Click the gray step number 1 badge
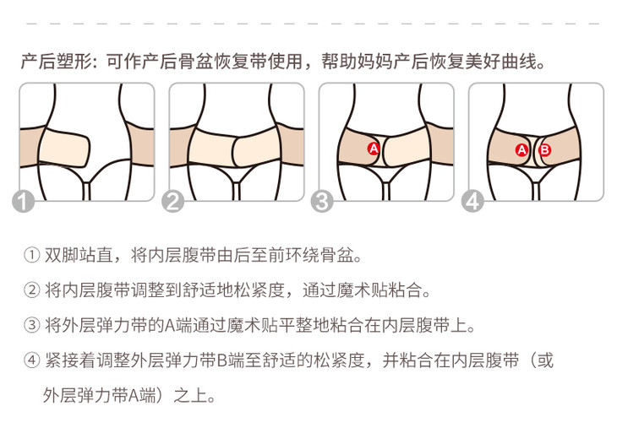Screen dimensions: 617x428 [x=24, y=202]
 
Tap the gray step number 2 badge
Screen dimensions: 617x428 [x=173, y=202]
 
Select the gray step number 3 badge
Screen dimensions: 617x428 [x=322, y=202]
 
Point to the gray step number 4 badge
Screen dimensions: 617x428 [x=472, y=202]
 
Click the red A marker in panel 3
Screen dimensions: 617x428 [x=374, y=149]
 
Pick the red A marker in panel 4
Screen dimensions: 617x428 [x=521, y=149]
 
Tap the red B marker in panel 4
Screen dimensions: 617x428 [x=545, y=149]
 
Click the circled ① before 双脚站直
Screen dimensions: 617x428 [x=31, y=255]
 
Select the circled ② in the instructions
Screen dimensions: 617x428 [x=31, y=290]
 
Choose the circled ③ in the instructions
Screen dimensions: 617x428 [x=31, y=325]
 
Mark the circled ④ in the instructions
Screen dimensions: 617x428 [x=31, y=360]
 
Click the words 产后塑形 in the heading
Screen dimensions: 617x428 [x=57, y=62]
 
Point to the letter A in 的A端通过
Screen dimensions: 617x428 [x=170, y=325]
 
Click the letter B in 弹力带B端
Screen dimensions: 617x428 [x=222, y=360]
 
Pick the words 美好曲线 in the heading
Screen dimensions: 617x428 [x=500, y=62]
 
